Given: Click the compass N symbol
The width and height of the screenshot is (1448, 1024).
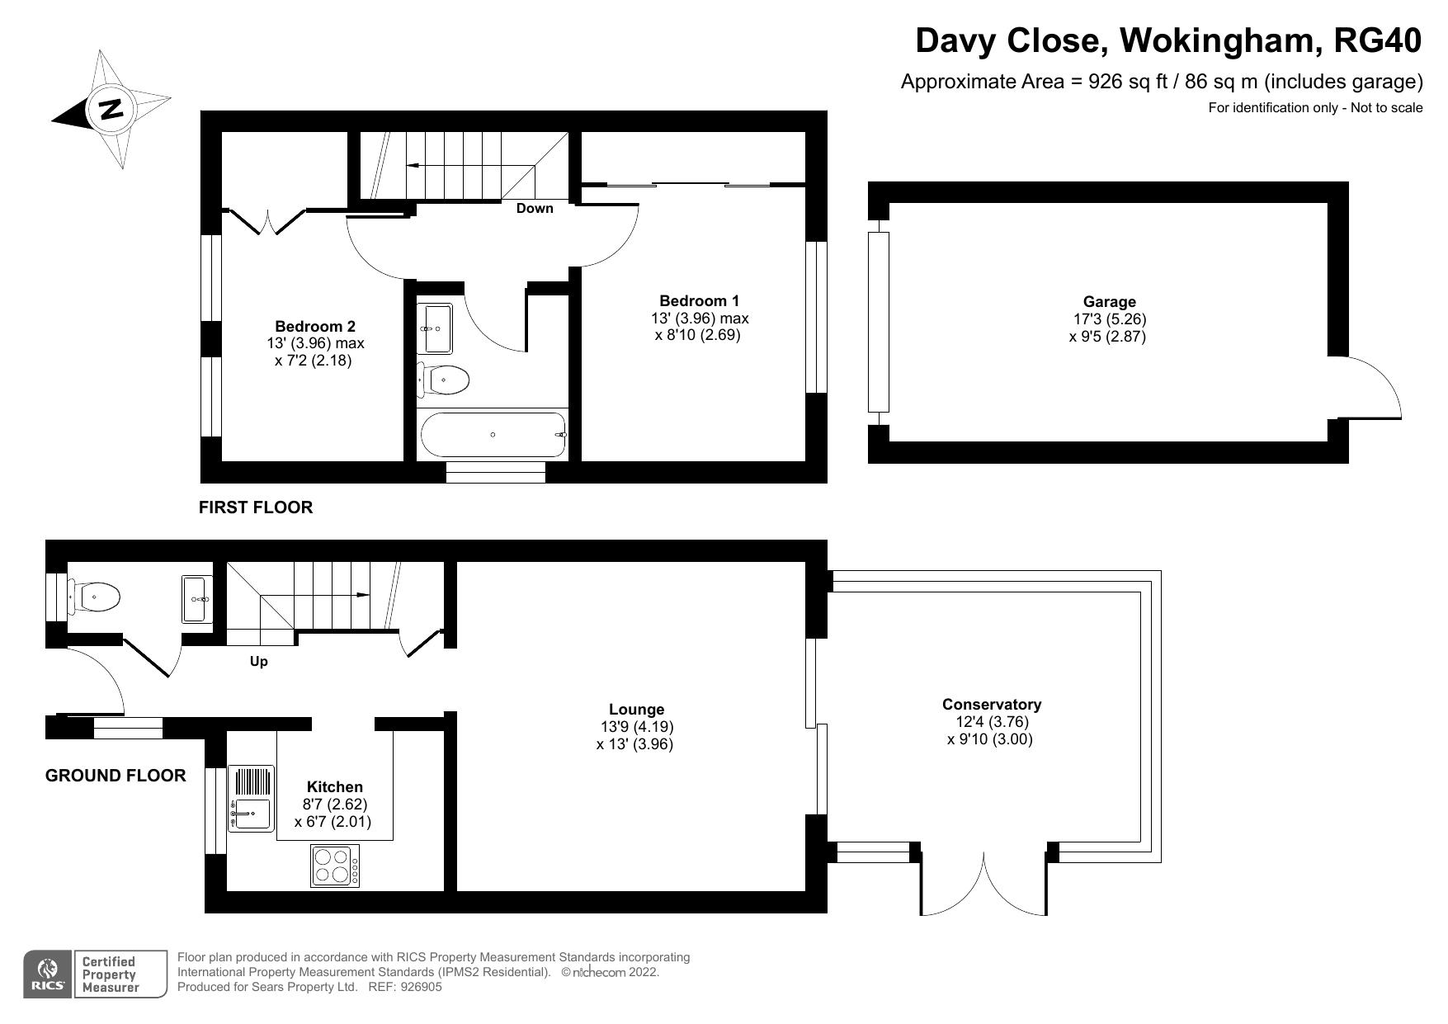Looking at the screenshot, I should point(111,108).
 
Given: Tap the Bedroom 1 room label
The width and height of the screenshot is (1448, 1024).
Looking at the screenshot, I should point(699,301).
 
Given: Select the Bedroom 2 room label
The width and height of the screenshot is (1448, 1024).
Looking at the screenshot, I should point(314,327).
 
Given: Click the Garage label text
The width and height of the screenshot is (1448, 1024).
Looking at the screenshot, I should point(1109,302).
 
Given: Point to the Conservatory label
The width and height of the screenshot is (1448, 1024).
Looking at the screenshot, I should point(991,705).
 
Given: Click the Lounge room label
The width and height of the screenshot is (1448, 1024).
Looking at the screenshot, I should point(636,710).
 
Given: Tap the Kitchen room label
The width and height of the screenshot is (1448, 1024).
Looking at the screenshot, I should point(334,787).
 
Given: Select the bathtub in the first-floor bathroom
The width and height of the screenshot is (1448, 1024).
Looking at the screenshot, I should point(493,435).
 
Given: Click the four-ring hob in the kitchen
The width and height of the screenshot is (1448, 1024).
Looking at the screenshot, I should point(336,866).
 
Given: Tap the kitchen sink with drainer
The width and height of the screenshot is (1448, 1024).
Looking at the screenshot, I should point(251,800).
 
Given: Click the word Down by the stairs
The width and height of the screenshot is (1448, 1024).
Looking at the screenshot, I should point(535,209).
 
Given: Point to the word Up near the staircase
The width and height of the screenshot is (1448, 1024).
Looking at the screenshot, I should point(258,662).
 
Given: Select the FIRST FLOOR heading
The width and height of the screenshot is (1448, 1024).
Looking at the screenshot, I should point(256,507).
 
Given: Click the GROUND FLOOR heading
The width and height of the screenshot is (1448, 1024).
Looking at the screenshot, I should point(116,776).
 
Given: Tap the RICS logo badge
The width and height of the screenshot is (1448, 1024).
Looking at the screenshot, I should point(48,974).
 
